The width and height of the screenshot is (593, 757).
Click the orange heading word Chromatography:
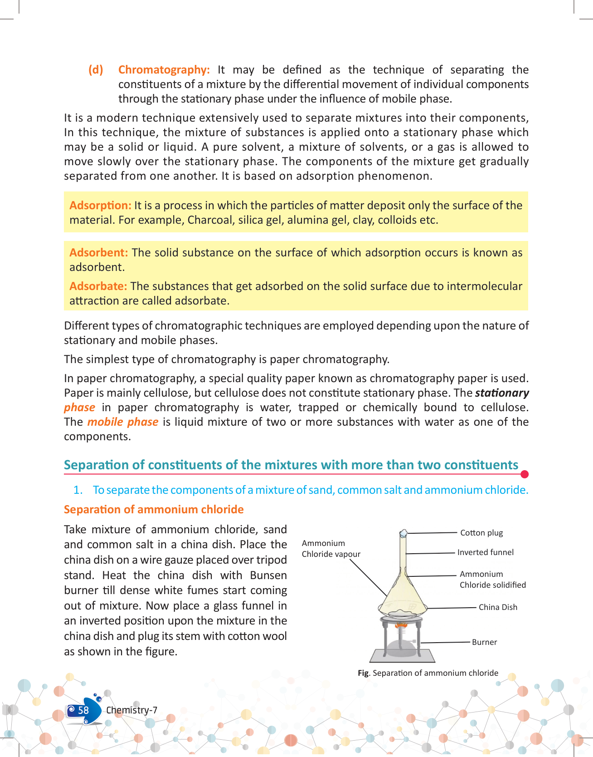[164, 70]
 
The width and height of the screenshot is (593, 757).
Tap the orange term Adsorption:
[100, 206]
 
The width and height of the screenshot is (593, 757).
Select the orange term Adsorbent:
[98, 253]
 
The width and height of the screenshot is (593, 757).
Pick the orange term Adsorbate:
[98, 286]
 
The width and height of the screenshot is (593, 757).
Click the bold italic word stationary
[502, 393]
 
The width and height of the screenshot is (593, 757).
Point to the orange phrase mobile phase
[122, 422]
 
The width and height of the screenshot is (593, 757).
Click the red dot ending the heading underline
[525, 474]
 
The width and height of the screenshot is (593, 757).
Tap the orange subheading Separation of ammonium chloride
[154, 510]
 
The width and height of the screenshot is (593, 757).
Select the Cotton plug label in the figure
[481, 533]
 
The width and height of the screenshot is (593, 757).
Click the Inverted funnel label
[486, 552]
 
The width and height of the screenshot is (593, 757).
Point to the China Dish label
[498, 607]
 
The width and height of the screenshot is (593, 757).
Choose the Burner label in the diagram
[484, 642]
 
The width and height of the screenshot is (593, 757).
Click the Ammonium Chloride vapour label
[331, 549]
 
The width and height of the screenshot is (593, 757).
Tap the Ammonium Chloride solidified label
[492, 580]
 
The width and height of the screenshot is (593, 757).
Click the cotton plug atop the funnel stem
[403, 533]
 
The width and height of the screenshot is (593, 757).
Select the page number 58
[83, 710]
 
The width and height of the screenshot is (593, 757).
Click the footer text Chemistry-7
[131, 710]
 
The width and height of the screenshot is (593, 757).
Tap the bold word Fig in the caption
[363, 673]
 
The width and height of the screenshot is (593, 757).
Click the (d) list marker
[96, 70]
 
